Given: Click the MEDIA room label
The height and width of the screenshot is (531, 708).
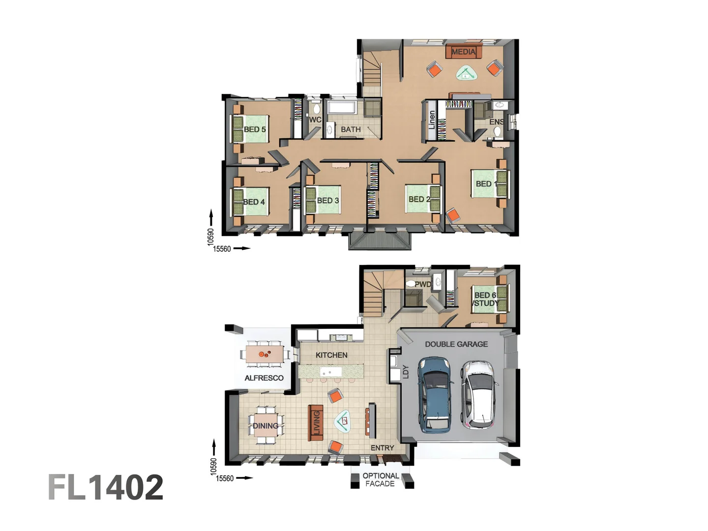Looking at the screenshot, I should [463, 52].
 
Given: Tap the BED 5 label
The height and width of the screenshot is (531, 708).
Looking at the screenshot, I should [255, 129].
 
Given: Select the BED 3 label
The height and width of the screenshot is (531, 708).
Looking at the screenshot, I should [328, 201].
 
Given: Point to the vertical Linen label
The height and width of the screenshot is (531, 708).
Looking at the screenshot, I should [432, 119].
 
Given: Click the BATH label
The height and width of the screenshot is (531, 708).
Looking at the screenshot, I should [351, 129].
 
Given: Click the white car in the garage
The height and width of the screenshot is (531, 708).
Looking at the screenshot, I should [477, 393].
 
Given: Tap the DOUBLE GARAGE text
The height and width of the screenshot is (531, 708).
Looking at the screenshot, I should [456, 344].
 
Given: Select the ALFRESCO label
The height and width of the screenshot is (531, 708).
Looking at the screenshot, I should [264, 378].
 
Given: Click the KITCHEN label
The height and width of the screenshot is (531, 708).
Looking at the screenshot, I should [331, 355].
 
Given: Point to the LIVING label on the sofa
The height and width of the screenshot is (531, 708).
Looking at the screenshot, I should [316, 423].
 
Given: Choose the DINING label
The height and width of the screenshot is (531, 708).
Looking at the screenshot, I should [265, 426].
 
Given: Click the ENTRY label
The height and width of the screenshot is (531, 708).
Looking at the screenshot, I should [382, 448].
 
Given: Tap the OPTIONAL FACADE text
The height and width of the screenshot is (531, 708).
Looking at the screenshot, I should [381, 479].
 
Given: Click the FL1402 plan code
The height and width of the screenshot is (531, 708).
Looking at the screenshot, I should [106, 487].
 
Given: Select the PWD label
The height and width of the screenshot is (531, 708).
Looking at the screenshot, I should [422, 284].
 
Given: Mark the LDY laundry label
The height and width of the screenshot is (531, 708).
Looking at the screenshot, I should [406, 371].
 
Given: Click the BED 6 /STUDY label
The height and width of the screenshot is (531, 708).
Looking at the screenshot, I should [485, 299].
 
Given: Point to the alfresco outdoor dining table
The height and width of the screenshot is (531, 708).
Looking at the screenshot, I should [265, 354].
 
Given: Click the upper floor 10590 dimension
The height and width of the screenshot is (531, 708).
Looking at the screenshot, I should [211, 236].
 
